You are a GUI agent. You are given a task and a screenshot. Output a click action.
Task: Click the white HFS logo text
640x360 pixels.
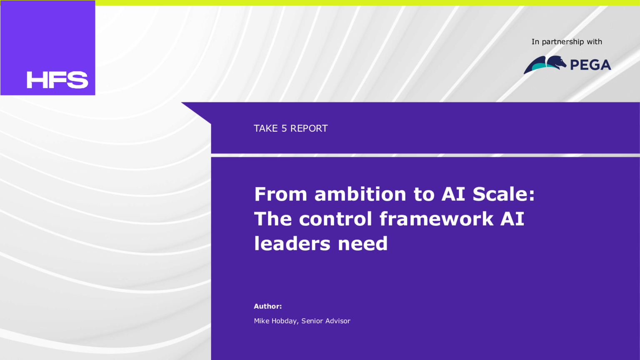point(57,80)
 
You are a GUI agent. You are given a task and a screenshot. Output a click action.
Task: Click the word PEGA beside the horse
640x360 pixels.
point(590,65)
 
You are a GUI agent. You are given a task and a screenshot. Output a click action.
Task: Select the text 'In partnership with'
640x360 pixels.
point(566,42)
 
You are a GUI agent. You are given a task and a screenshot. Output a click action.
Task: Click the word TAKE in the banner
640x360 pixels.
point(265,128)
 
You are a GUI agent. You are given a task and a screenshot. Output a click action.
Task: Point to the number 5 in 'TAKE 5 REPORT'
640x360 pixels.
point(284,128)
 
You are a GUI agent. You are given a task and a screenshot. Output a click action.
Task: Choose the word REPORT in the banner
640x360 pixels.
point(309,128)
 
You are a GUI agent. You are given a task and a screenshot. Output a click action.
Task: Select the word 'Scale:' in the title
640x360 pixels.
point(503,194)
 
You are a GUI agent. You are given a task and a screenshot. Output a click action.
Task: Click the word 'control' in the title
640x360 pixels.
point(335,219)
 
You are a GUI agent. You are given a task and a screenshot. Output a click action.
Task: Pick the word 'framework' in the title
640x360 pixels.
point(436,219)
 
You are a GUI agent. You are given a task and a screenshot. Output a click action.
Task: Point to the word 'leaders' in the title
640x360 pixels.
point(292,243)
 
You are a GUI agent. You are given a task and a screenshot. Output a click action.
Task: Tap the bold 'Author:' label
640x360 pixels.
point(267,306)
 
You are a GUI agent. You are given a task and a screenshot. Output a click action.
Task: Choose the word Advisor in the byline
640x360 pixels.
point(337,321)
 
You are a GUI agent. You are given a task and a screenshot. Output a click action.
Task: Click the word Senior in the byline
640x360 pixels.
point(311,321)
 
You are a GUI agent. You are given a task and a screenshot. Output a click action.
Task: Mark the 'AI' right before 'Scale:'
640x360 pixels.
point(453,194)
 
